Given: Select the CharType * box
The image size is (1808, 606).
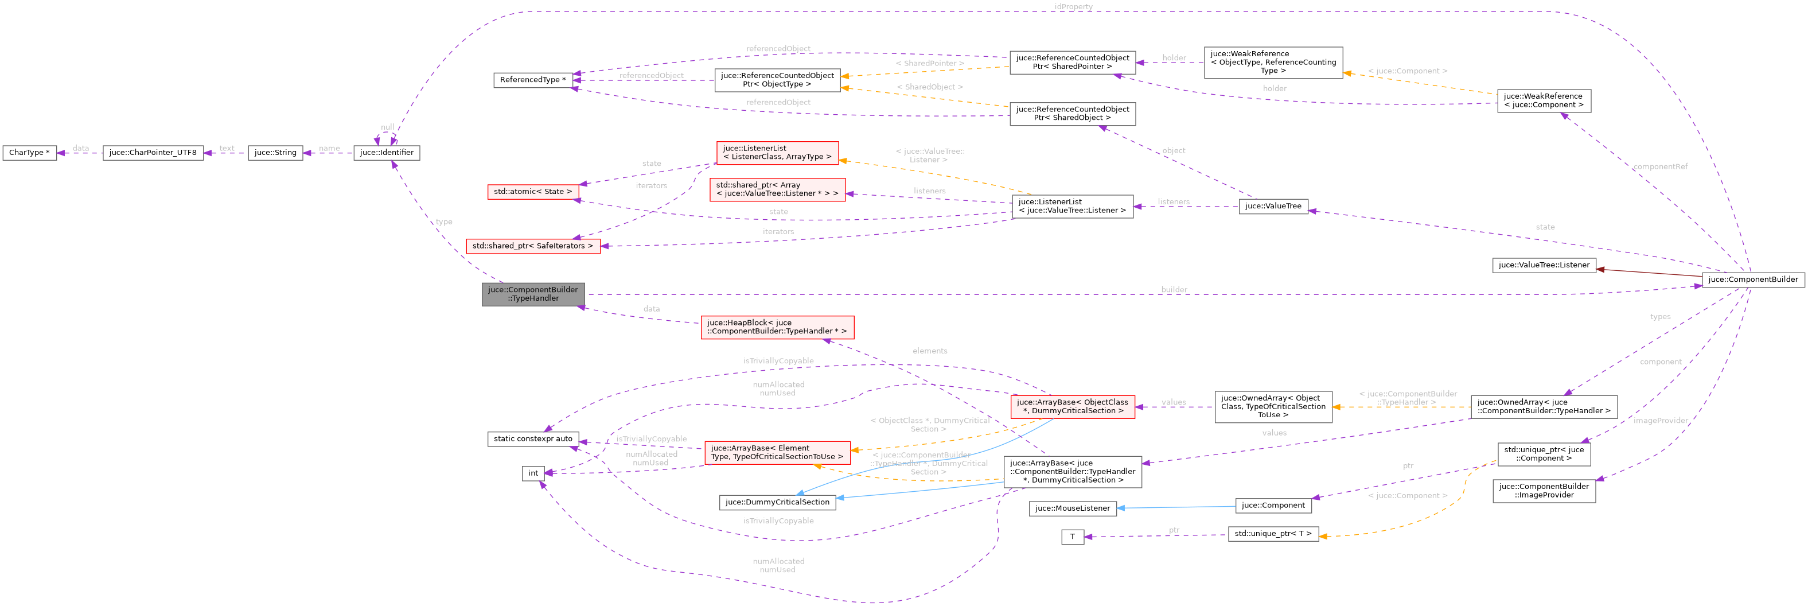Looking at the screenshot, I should pyautogui.click(x=29, y=153).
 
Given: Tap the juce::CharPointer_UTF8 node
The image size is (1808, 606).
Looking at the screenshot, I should pyautogui.click(x=153, y=153).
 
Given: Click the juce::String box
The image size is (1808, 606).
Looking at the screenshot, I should pyautogui.click(x=275, y=153).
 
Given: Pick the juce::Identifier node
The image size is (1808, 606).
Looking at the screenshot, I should pyautogui.click(x=387, y=153).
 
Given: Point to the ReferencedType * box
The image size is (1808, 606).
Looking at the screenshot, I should pyautogui.click(x=533, y=80).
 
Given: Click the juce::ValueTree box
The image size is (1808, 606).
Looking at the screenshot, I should pyautogui.click(x=1273, y=207).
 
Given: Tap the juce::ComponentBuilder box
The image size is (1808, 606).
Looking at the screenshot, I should pyautogui.click(x=1752, y=279).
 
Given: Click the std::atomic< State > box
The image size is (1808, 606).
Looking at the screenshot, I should pyautogui.click(x=533, y=192).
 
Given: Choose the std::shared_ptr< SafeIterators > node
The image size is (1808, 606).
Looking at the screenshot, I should pyautogui.click(x=533, y=246).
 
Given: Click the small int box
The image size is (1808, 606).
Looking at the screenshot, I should pyautogui.click(x=533, y=473).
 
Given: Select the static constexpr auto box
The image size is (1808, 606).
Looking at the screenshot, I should pyautogui.click(x=533, y=439).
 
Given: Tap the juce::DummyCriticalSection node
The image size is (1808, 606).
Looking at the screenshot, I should pyautogui.click(x=777, y=502).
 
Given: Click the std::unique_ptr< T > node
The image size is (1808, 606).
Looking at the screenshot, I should pyautogui.click(x=1273, y=534).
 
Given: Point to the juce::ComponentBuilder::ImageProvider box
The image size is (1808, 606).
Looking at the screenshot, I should pyautogui.click(x=1544, y=491).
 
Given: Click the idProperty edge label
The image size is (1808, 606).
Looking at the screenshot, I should pyautogui.click(x=1073, y=6).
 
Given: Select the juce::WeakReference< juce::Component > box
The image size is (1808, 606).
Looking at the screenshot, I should pyautogui.click(x=1544, y=101).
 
